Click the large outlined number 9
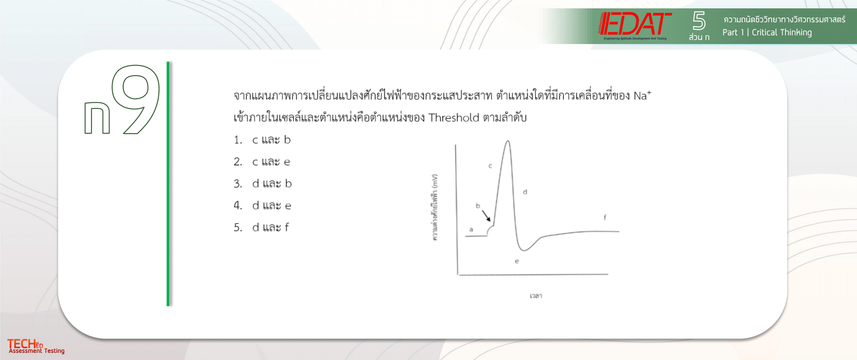click(135, 99)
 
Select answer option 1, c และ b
click(262, 140)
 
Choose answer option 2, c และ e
click(262, 162)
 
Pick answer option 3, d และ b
click(263, 184)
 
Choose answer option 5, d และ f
click(261, 228)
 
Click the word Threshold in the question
click(453, 117)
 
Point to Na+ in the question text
click(642, 95)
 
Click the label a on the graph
click(471, 229)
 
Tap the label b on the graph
click(478, 206)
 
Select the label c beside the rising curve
click(490, 166)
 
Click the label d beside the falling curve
click(525, 192)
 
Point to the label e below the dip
click(517, 261)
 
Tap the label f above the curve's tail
click(605, 217)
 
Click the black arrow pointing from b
click(486, 216)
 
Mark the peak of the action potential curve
click(508, 141)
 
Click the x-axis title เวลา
click(536, 296)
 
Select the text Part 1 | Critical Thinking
click(767, 32)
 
